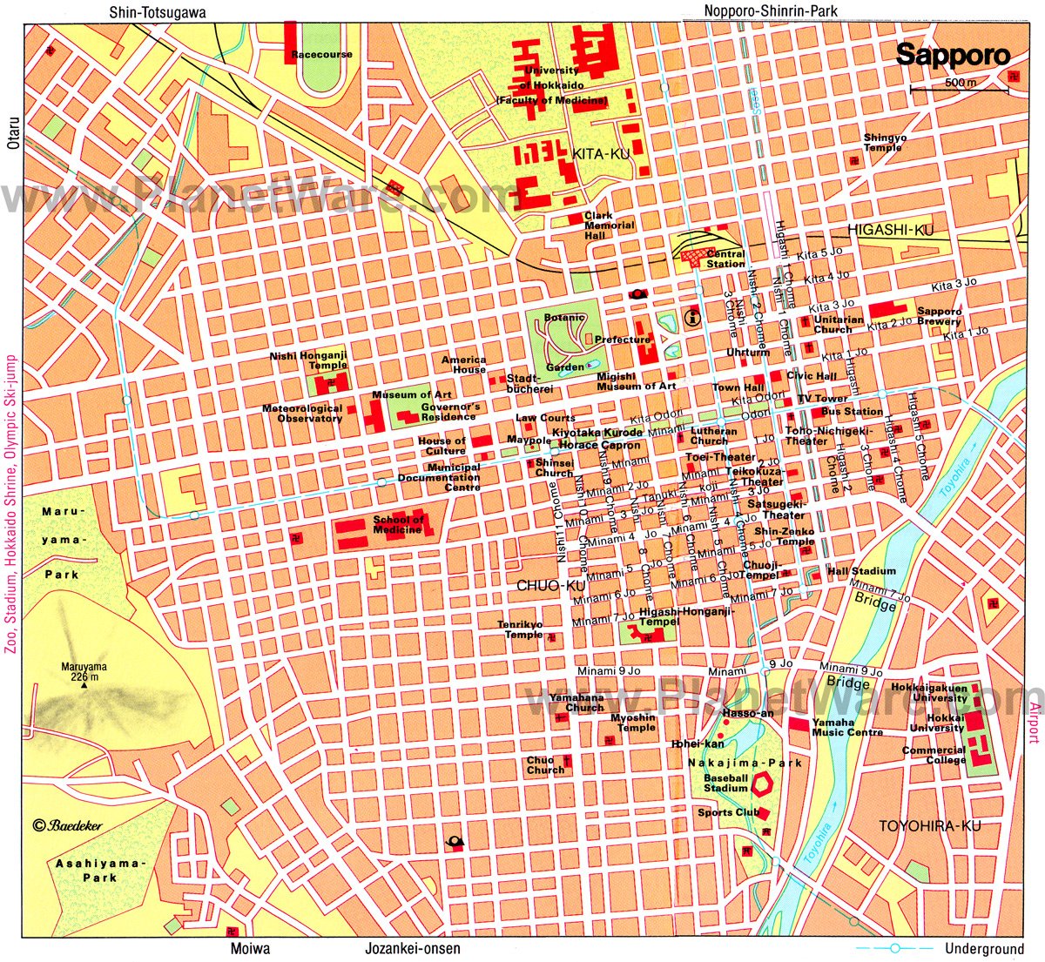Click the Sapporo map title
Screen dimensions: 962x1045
click(954, 56)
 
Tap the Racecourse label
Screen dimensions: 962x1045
click(322, 55)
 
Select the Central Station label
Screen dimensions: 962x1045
click(725, 259)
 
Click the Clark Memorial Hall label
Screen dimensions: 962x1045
click(610, 225)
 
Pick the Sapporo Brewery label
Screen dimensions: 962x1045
click(940, 316)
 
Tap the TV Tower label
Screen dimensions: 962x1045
click(823, 399)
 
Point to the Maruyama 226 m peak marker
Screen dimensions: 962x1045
click(84, 686)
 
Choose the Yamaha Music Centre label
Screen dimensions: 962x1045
click(847, 728)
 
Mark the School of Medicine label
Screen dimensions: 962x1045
click(398, 524)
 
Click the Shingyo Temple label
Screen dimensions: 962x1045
click(885, 143)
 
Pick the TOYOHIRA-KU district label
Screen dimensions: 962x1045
click(929, 825)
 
